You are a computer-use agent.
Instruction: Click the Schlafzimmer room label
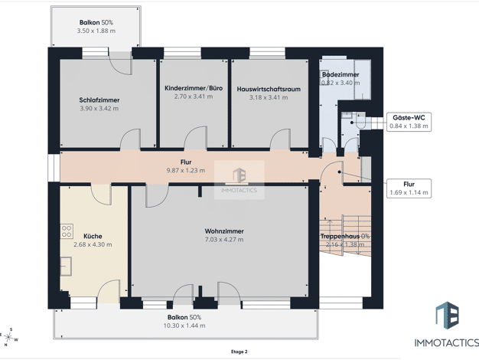click(x=99, y=100)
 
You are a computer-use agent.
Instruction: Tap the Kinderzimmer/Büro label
click(x=194, y=88)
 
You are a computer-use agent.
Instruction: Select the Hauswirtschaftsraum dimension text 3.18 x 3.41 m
click(x=269, y=97)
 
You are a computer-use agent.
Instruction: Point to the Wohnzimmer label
click(x=224, y=231)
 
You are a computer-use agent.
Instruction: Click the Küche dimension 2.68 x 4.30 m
click(x=93, y=244)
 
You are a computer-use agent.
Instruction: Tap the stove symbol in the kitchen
click(x=67, y=231)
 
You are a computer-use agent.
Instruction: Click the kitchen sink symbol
click(x=66, y=267)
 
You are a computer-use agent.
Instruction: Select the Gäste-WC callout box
click(x=409, y=122)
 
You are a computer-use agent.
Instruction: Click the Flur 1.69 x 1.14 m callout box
click(x=409, y=188)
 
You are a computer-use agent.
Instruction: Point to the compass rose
click(x=8, y=337)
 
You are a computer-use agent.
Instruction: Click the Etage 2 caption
click(x=239, y=352)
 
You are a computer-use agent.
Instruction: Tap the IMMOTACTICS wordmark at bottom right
click(x=447, y=342)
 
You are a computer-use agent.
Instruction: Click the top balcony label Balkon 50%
click(x=96, y=22)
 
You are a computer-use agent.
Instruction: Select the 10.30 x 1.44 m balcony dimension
click(x=184, y=326)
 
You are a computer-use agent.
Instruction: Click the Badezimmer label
click(x=341, y=74)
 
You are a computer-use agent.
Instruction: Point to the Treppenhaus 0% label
click(x=345, y=236)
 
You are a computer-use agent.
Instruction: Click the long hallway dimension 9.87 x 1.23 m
click(x=186, y=170)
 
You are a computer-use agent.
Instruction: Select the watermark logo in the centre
click(x=239, y=180)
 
